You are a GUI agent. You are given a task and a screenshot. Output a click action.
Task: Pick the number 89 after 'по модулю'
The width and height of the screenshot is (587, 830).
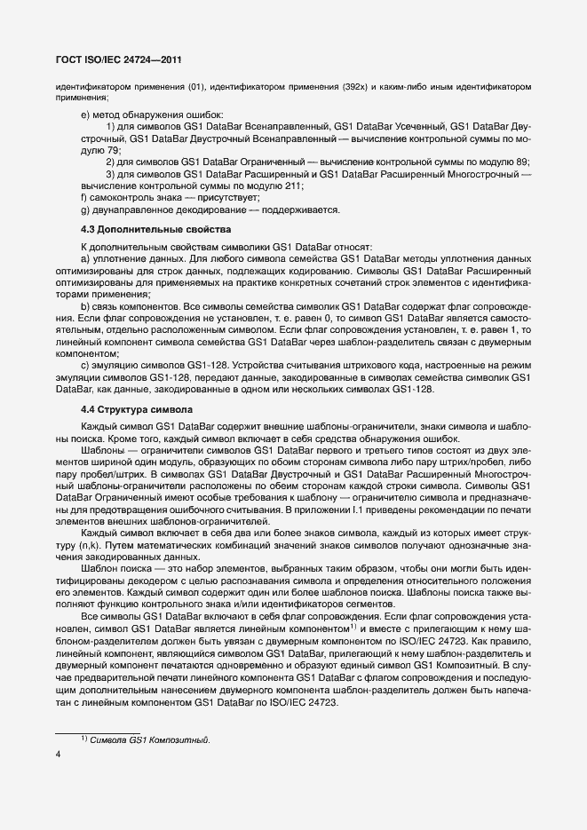click(521, 162)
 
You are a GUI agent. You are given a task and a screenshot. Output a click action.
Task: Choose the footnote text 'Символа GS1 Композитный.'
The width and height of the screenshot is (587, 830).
click(151, 740)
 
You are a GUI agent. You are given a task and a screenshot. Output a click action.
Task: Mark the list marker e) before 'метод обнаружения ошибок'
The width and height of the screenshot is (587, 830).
click(84, 114)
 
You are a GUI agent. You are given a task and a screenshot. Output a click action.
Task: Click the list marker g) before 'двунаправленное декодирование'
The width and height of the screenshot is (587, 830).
click(84, 210)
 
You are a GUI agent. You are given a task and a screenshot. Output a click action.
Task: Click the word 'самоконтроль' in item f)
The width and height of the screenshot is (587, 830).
click(118, 198)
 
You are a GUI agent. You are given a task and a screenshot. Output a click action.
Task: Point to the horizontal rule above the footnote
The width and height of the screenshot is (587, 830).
click(98, 732)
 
